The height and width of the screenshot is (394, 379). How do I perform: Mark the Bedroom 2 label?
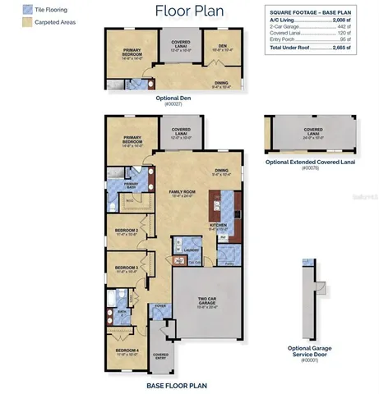point(125,231)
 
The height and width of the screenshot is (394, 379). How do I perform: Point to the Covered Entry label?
point(161,356)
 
